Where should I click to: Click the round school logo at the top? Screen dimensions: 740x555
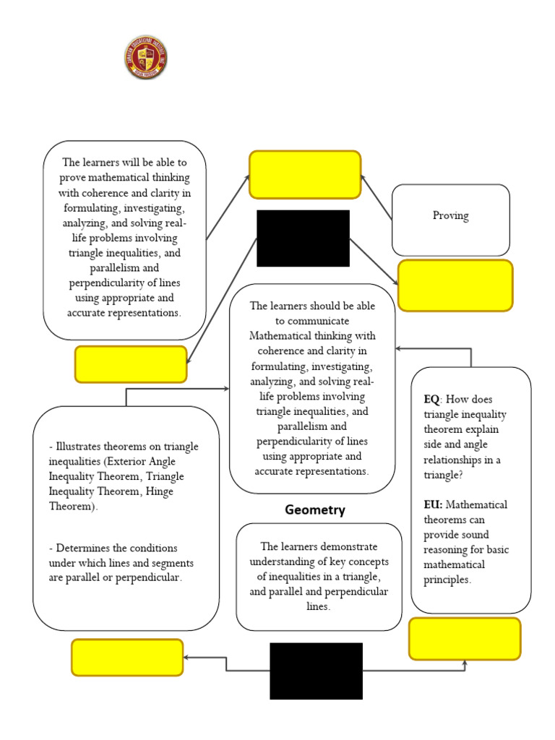point(146,58)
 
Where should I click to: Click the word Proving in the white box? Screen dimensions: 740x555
point(450,215)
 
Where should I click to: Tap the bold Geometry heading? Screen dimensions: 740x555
point(315,510)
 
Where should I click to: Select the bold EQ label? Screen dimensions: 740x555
point(432,399)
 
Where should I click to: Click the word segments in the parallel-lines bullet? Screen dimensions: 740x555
point(168,563)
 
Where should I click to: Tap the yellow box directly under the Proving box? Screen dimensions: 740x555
point(455,285)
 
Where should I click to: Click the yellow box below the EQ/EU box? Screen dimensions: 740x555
point(465,639)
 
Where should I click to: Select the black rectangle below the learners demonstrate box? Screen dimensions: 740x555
point(316,671)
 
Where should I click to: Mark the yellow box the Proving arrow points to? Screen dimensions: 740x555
point(305,174)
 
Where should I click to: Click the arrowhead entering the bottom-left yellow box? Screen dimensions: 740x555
point(188,658)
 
